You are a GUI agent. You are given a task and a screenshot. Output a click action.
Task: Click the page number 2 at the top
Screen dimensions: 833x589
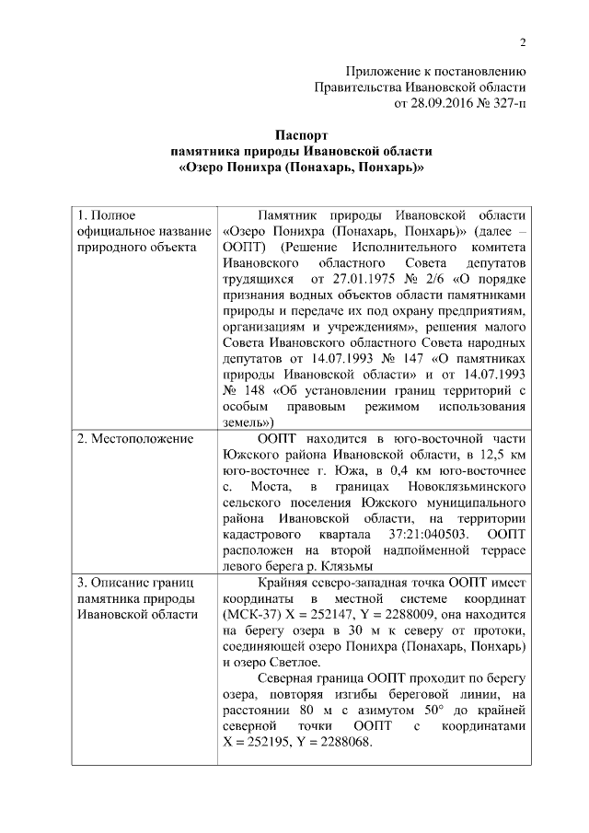pyautogui.click(x=522, y=41)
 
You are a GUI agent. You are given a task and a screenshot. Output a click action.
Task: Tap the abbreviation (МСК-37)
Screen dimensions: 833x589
pyautogui.click(x=249, y=615)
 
